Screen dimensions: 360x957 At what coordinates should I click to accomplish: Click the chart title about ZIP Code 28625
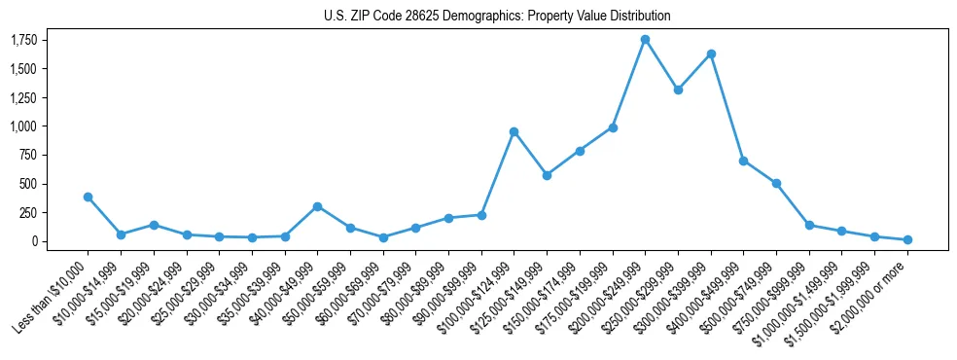pyautogui.click(x=497, y=16)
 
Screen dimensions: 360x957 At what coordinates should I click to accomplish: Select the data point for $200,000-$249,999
pyautogui.click(x=645, y=40)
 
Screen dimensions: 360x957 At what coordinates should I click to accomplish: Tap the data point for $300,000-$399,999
pyautogui.click(x=711, y=54)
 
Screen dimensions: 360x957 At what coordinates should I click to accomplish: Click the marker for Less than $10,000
pyautogui.click(x=88, y=197)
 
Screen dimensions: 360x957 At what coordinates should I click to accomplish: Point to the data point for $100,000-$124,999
pyautogui.click(x=514, y=131)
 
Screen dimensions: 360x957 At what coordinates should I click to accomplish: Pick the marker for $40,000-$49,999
pyautogui.click(x=317, y=206)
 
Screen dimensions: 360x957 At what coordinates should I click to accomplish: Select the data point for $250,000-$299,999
pyautogui.click(x=678, y=90)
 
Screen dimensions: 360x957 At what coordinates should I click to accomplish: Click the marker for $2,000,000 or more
pyautogui.click(x=907, y=239)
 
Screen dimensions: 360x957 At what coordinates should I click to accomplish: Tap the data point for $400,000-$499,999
pyautogui.click(x=743, y=161)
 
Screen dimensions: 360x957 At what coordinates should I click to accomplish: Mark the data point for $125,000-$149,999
pyautogui.click(x=547, y=175)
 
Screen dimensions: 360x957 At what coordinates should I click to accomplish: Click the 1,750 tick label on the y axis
pyautogui.click(x=23, y=40)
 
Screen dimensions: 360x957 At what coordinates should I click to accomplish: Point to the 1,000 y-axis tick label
pyautogui.click(x=23, y=126)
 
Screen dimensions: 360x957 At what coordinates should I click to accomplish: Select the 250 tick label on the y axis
pyautogui.click(x=28, y=212)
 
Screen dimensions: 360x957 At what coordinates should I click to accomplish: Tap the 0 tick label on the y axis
pyautogui.click(x=34, y=241)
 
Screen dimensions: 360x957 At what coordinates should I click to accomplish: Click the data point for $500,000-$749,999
pyautogui.click(x=776, y=183)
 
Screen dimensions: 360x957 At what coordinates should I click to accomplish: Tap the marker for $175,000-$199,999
pyautogui.click(x=613, y=127)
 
